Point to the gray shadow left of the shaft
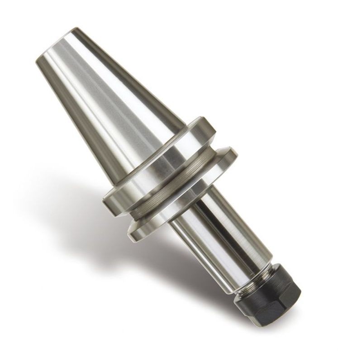[136, 262]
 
